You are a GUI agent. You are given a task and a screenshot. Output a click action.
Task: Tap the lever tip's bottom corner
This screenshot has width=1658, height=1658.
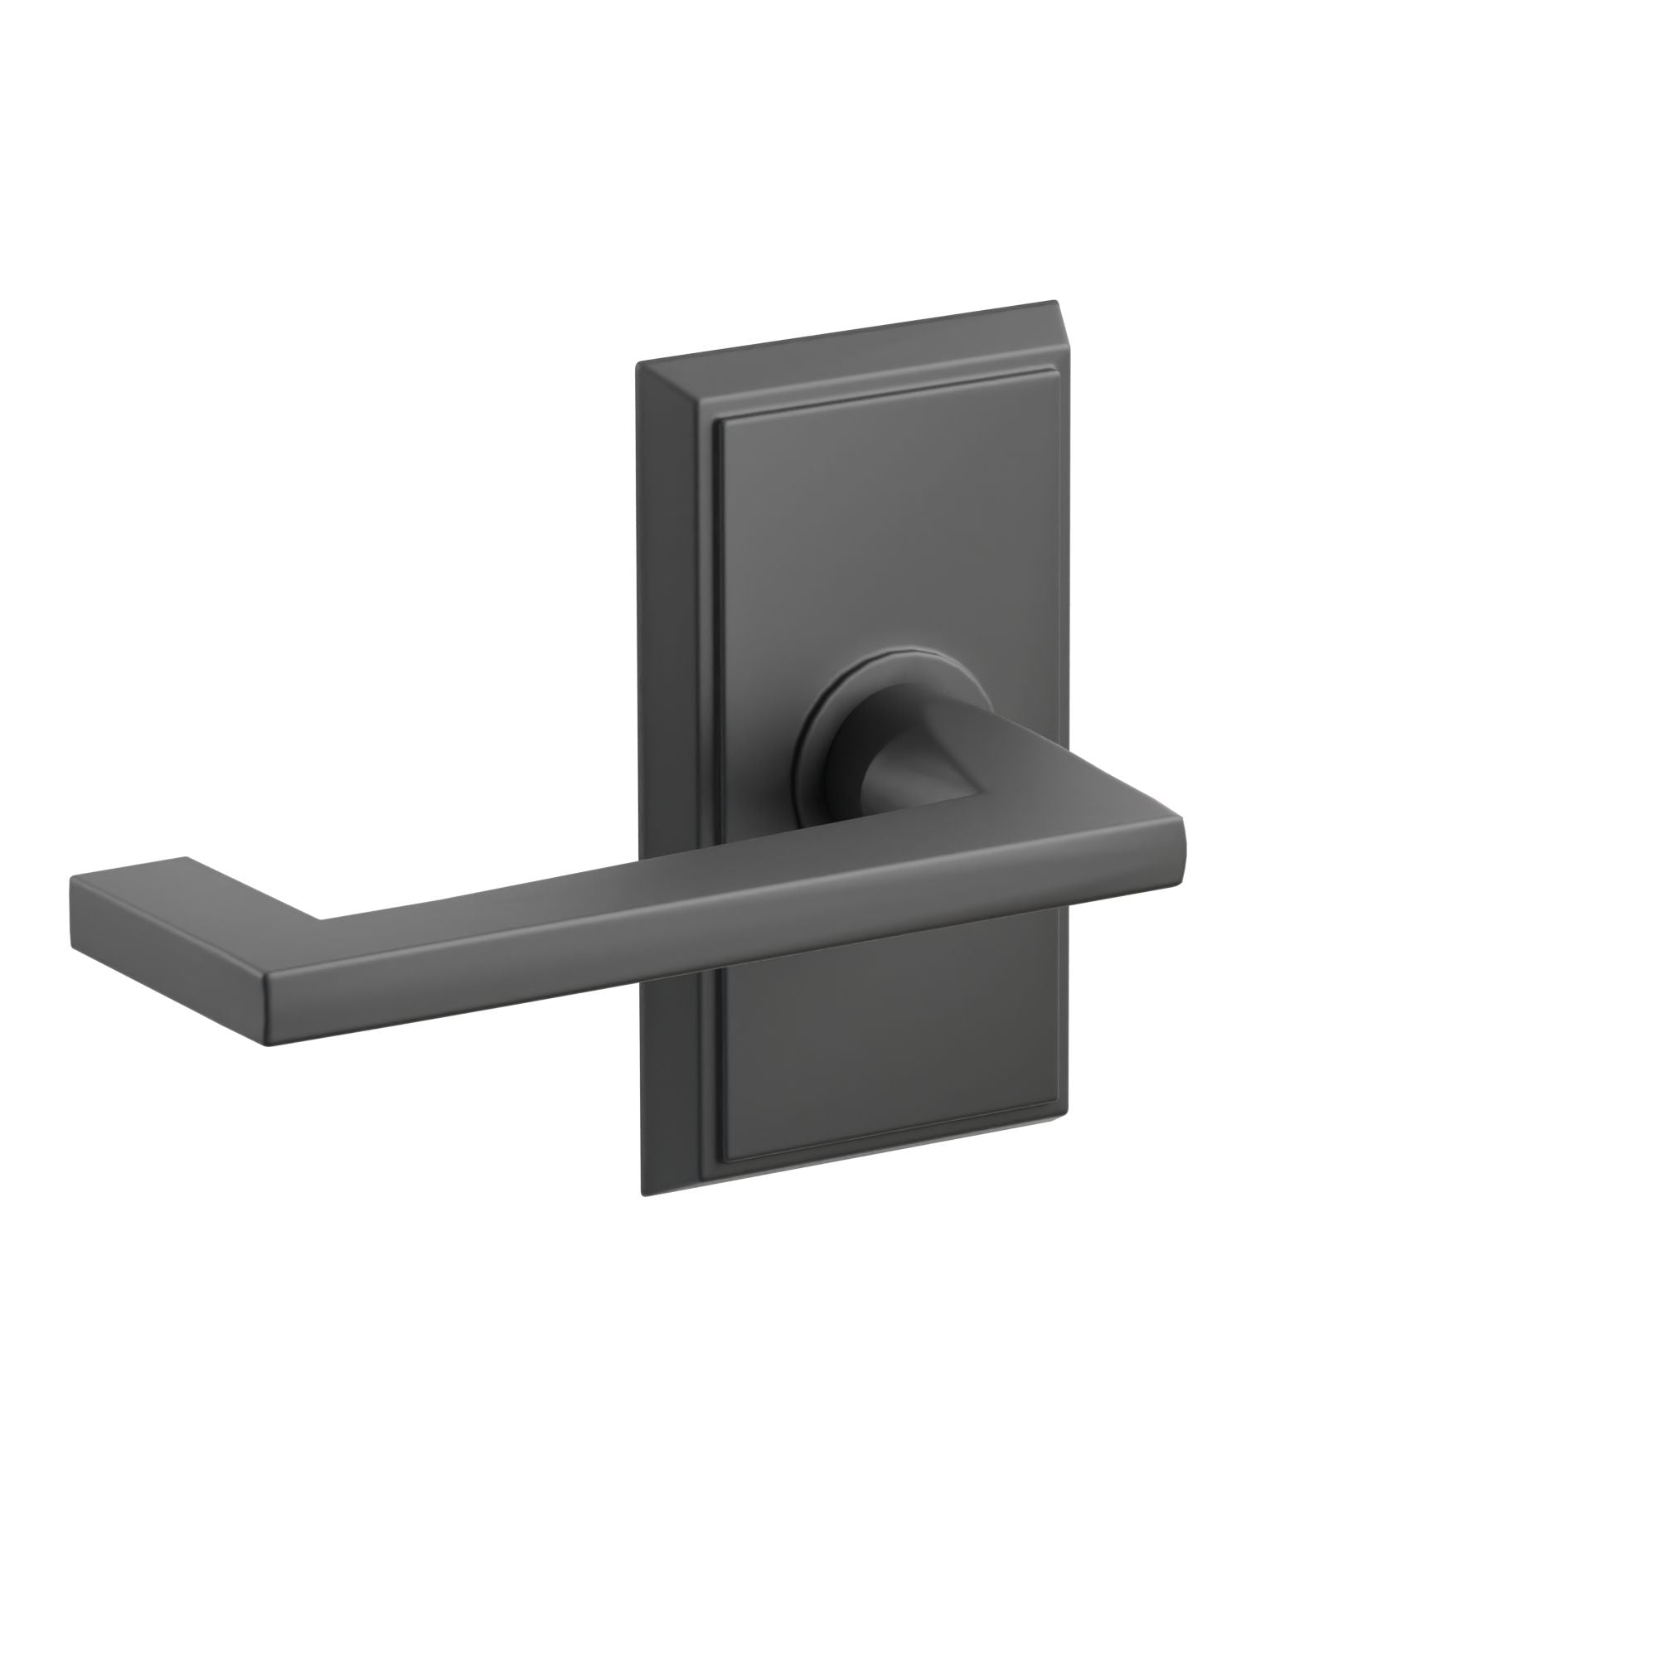267,1046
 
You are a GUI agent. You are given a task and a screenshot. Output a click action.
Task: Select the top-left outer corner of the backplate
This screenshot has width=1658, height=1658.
637,366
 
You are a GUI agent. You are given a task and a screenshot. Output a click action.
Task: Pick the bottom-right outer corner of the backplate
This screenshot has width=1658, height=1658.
1069,1116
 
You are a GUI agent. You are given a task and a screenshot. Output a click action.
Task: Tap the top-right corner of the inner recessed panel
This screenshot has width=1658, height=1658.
1052,373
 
